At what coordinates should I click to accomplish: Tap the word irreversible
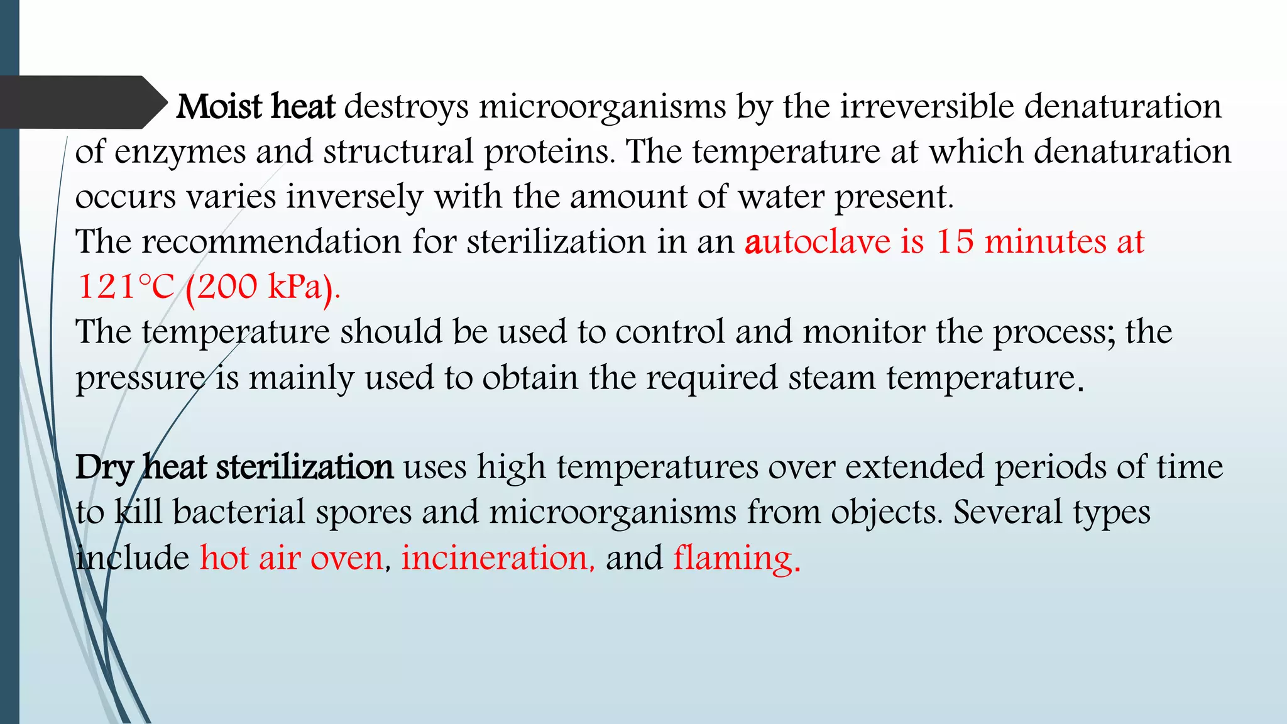(x=928, y=107)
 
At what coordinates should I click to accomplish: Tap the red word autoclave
(x=818, y=243)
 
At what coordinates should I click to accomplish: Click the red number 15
(x=955, y=243)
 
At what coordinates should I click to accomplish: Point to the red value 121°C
(x=126, y=288)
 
